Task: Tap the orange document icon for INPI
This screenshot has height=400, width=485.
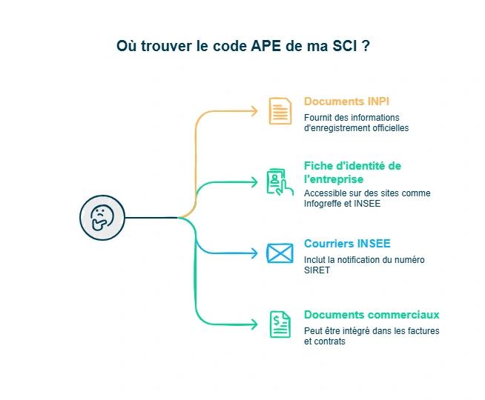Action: (280, 111)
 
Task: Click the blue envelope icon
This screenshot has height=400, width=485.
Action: (280, 253)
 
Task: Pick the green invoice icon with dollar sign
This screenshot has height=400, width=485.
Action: (280, 324)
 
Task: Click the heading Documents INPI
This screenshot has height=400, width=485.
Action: (346, 101)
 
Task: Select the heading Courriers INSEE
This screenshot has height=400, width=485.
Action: (347, 244)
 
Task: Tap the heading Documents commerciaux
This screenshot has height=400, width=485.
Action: (372, 315)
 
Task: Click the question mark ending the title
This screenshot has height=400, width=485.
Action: (366, 47)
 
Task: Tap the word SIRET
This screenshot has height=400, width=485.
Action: (317, 270)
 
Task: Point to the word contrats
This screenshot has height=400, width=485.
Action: (329, 341)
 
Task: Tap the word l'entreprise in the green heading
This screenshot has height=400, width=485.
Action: (334, 180)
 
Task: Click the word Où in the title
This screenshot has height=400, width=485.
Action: (126, 47)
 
